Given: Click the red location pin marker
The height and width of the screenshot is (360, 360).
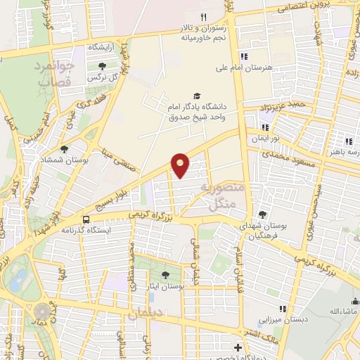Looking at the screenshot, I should (181, 165).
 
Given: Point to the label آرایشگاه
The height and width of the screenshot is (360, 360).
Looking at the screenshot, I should (102, 47).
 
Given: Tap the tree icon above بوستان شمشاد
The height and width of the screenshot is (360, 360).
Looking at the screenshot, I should (65, 149).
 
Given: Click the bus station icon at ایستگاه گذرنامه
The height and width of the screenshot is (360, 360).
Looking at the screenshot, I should (85, 219).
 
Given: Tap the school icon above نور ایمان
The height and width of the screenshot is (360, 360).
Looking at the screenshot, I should (265, 127).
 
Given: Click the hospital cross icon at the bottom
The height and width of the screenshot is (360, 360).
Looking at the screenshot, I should (238, 348).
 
